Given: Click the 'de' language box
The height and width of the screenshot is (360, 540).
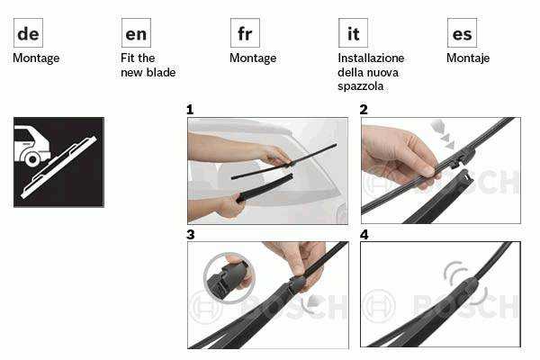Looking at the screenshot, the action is coord(28,33).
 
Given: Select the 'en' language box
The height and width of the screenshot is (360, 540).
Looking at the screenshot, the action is coord(136,33).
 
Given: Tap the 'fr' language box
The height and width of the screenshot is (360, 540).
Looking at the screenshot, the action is coord(245,33).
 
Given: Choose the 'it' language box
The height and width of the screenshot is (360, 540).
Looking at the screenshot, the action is coord(353,33).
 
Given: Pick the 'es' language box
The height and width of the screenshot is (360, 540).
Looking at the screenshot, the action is coord(463,33).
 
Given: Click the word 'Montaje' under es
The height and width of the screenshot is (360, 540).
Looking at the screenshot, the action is coord(468,58).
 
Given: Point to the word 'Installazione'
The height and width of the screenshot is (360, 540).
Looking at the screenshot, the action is coord(371,58).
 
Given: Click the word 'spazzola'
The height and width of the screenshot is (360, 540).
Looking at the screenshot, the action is coord(361,86).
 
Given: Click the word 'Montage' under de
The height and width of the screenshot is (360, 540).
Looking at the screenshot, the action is coord(36,58).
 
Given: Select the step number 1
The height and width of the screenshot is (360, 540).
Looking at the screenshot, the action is coord(190,110).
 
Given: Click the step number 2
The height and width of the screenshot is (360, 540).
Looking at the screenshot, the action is coord(364,110).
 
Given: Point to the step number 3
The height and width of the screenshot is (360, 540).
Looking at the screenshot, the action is coord(191,235).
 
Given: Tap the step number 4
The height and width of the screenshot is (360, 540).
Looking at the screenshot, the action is coord(364,235).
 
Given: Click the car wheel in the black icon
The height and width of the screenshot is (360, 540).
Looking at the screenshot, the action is coord(32,159).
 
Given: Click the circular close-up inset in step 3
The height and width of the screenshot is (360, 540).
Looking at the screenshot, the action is coord(229,278).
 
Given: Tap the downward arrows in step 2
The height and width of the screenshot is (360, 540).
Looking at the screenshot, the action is coord(443,135).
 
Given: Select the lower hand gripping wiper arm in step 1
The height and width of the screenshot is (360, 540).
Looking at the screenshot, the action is coord(230,206).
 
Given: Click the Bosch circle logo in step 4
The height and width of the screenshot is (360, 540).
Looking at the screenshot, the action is coord(379,306).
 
